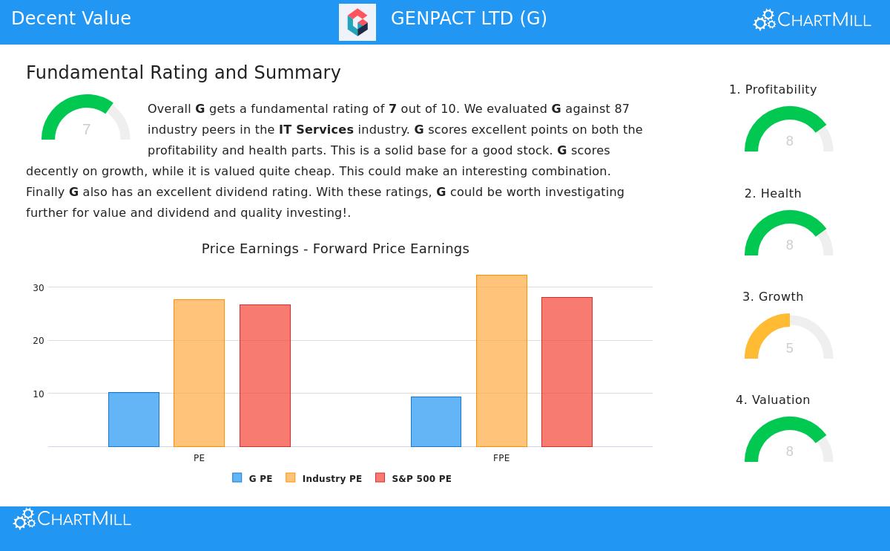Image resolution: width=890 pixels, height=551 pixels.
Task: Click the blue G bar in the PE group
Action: coord(133,420)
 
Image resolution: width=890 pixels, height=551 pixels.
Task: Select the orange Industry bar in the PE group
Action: coord(199,373)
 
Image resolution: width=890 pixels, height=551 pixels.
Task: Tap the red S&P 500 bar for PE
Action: coord(265,376)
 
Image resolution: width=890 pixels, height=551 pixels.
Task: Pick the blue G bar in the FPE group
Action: coord(436,422)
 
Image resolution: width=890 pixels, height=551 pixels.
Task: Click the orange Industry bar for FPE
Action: coord(501,361)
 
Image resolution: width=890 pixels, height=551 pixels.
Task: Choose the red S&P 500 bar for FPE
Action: coord(567,372)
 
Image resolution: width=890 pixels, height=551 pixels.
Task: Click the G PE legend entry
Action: coord(253,479)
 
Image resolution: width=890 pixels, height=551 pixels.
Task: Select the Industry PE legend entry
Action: coord(324,479)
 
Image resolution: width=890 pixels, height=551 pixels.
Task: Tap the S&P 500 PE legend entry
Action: coord(413,479)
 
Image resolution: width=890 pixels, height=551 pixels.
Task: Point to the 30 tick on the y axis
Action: coord(39,288)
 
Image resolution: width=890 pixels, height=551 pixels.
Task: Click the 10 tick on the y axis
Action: coord(39,394)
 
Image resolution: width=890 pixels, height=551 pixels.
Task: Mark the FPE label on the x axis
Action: coord(501,458)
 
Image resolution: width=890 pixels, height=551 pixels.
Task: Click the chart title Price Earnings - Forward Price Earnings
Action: coord(335,249)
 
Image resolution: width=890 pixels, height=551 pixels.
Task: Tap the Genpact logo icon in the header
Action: coord(357,22)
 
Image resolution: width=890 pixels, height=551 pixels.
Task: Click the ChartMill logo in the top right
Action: coord(812,20)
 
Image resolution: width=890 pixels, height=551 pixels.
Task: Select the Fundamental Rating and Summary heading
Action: coord(183,73)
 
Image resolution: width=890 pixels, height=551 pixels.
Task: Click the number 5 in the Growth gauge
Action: coord(789,348)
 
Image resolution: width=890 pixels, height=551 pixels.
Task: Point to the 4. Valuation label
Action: coord(773,400)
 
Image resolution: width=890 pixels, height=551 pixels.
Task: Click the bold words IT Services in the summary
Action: coord(316,130)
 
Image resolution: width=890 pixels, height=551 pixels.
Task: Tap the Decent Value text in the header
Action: coord(71,19)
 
